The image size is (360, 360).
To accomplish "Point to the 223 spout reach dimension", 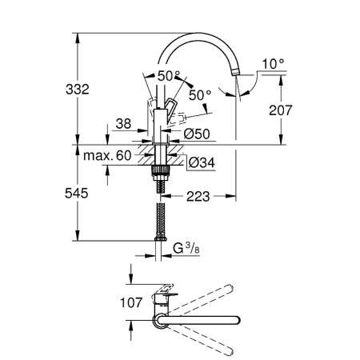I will [203, 192].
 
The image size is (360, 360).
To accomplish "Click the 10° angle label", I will [272, 62].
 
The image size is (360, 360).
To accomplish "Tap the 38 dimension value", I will [122, 124].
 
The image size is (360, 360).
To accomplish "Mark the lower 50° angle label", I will [200, 95].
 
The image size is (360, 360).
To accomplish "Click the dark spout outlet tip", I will [235, 71].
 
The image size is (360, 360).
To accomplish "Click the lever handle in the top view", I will [163, 292].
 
